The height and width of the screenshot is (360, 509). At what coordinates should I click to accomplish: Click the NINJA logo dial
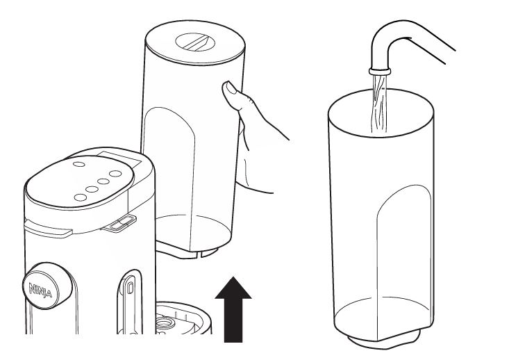pyautogui.click(x=47, y=286)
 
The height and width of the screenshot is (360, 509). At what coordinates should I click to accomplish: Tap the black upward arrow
pyautogui.click(x=233, y=309)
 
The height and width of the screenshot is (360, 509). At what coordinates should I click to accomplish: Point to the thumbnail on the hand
pyautogui.click(x=231, y=88)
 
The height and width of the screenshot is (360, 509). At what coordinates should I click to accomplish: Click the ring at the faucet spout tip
pyautogui.click(x=380, y=71)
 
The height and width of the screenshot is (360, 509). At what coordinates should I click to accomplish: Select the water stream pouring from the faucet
pyautogui.click(x=379, y=104)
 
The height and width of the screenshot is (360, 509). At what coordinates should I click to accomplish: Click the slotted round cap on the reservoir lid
pyautogui.click(x=195, y=42)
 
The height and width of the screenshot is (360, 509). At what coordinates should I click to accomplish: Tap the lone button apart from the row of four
pyautogui.click(x=78, y=164)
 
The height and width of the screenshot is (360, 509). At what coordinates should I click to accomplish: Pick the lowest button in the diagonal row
pyautogui.click(x=80, y=197)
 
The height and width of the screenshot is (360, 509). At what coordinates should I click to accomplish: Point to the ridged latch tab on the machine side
pyautogui.click(x=119, y=223)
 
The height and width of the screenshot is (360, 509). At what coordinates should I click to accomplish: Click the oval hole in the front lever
pyautogui.click(x=130, y=288)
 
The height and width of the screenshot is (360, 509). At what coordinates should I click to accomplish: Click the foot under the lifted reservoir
pyautogui.click(x=187, y=252)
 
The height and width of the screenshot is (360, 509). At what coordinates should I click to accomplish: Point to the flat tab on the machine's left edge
pyautogui.click(x=48, y=229)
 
